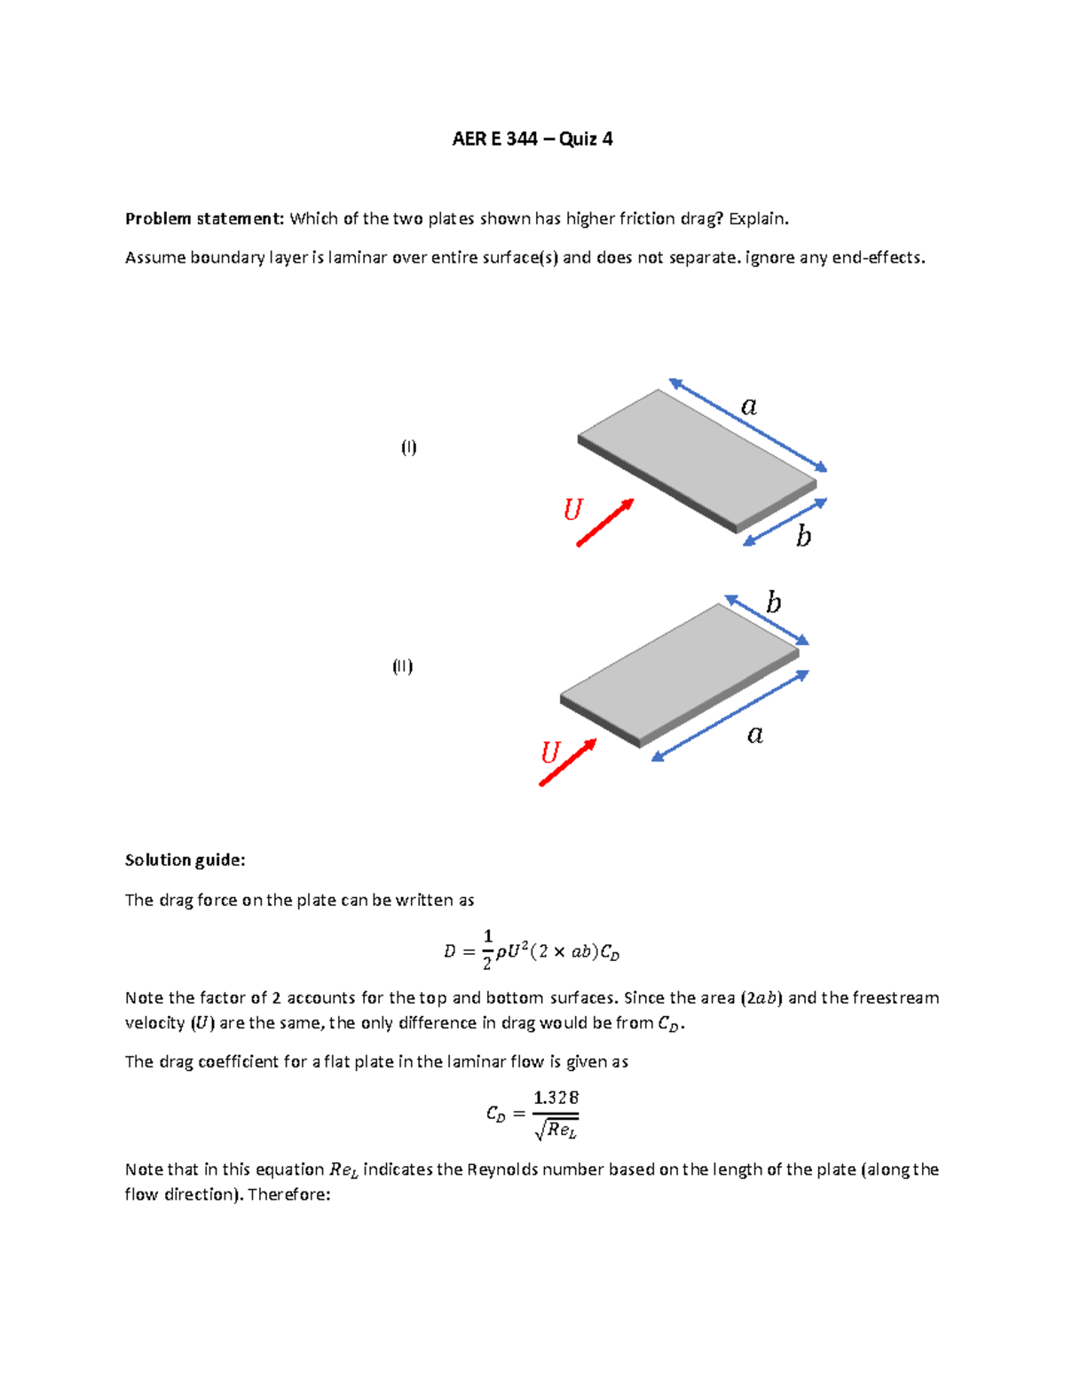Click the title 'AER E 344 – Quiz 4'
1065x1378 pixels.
(x=532, y=138)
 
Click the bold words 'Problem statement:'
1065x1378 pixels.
(x=204, y=218)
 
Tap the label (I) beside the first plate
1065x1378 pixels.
(x=408, y=446)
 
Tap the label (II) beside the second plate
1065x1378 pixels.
(x=403, y=666)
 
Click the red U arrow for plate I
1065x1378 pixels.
(x=605, y=523)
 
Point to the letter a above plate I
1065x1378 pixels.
(x=749, y=406)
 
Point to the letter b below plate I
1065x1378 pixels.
(x=803, y=537)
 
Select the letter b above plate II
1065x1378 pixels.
(x=774, y=603)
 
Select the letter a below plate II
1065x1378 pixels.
(x=755, y=735)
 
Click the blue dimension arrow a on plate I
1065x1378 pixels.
(x=748, y=426)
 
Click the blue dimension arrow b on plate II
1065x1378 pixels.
(x=767, y=620)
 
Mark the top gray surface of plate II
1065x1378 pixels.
(x=680, y=671)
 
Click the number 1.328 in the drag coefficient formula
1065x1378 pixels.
(x=556, y=1098)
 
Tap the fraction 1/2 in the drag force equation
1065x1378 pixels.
(x=487, y=950)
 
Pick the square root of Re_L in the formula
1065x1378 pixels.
(x=556, y=1130)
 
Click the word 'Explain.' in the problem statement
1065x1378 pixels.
(x=758, y=218)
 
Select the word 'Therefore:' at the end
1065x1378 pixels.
(x=289, y=1194)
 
